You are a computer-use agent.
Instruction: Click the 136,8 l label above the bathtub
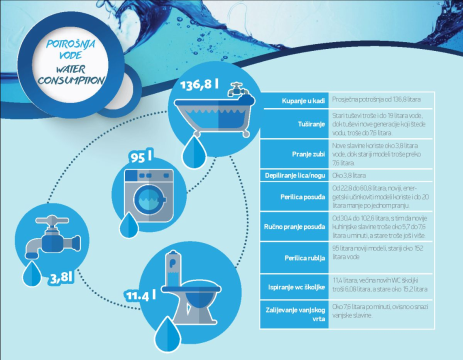point(199,83)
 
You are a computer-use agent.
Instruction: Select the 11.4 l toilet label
point(140,295)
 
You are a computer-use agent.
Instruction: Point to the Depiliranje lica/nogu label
point(295,175)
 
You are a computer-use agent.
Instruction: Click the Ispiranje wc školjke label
point(297,287)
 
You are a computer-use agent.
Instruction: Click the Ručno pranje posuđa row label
point(295,227)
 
